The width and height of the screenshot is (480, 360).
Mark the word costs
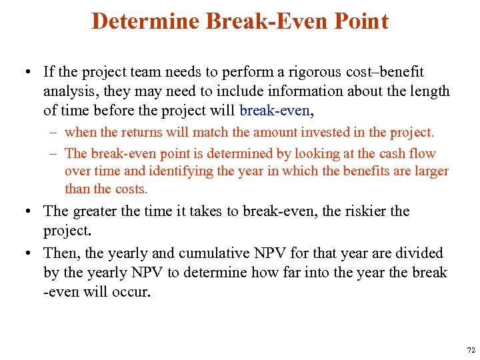pos(130,189)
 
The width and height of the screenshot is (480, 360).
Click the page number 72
pos(471,349)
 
